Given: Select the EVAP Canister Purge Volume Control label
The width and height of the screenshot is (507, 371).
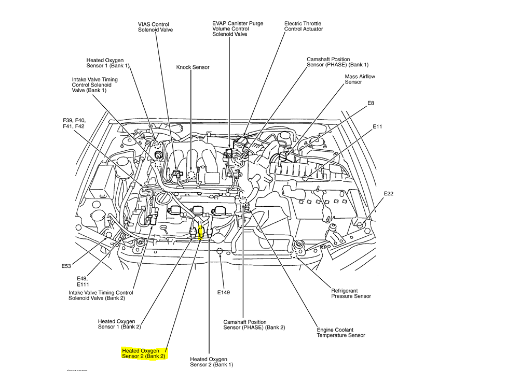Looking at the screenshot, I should tap(237, 29).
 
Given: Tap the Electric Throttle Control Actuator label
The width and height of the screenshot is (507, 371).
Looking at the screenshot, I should tap(303, 26).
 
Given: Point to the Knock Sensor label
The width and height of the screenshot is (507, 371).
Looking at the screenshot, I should tap(193, 67).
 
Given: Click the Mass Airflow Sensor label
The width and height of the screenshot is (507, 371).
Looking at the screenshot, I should tap(360, 79).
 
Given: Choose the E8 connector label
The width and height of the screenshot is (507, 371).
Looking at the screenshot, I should tap(371, 104).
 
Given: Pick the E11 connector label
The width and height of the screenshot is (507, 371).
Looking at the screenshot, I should tap(377, 126).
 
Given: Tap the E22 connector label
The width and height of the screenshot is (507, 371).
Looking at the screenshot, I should tap(389, 194).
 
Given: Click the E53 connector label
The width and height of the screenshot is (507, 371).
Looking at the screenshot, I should tap(66, 266).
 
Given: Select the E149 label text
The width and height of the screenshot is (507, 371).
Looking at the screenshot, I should tap(223, 292).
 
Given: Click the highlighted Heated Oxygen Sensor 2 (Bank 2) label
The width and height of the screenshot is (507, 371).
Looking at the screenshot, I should tap(143, 353).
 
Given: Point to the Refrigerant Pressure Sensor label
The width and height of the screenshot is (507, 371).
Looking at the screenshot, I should tap(351, 294).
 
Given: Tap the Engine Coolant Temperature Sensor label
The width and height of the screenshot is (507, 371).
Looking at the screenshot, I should tap(341, 333).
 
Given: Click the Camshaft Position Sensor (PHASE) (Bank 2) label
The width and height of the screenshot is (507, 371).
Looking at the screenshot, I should tap(254, 325).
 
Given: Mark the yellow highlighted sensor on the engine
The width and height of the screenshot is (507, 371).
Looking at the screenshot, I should tap(201, 231).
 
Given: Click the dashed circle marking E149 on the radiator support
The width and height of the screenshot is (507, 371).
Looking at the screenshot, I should tap(221, 252).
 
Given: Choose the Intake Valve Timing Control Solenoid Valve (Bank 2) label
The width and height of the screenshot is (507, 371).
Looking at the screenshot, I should tap(101, 296).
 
